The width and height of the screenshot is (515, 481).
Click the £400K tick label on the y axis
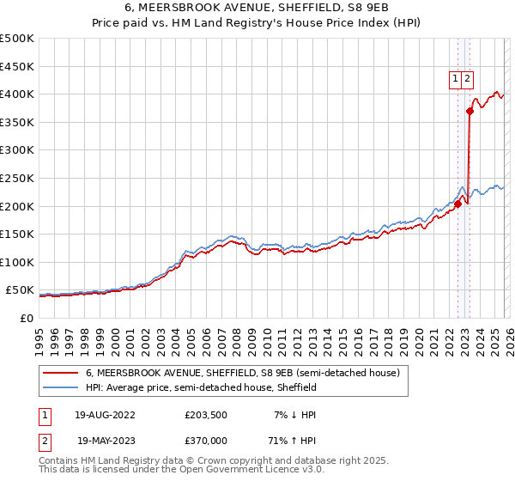17,94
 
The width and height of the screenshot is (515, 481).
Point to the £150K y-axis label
17,234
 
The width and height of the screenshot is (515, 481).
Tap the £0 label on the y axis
27,318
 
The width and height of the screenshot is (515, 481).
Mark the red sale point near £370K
470,111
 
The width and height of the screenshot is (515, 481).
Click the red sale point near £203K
458,204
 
